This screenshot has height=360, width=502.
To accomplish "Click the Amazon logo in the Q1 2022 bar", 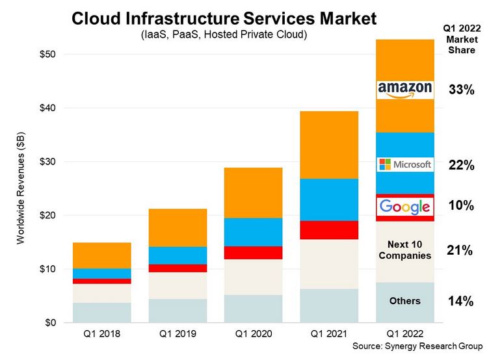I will click(x=404, y=90).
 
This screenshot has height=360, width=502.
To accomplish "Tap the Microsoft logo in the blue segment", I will click(x=404, y=164).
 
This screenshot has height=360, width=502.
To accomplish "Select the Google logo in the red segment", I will click(x=404, y=207).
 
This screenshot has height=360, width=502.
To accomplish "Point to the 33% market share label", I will click(x=461, y=90).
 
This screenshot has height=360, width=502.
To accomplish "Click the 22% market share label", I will click(x=461, y=166).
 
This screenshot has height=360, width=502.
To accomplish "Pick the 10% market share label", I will click(x=461, y=206).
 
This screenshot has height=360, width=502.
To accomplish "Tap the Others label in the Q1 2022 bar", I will click(x=404, y=301).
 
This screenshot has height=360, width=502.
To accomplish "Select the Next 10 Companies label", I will click(x=404, y=250).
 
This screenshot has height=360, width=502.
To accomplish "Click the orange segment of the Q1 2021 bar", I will click(x=329, y=144).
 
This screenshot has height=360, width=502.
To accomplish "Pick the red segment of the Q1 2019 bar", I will click(x=178, y=268).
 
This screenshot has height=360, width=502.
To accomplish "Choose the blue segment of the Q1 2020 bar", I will click(x=254, y=232).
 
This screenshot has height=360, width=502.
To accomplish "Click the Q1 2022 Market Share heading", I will click(x=461, y=36).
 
